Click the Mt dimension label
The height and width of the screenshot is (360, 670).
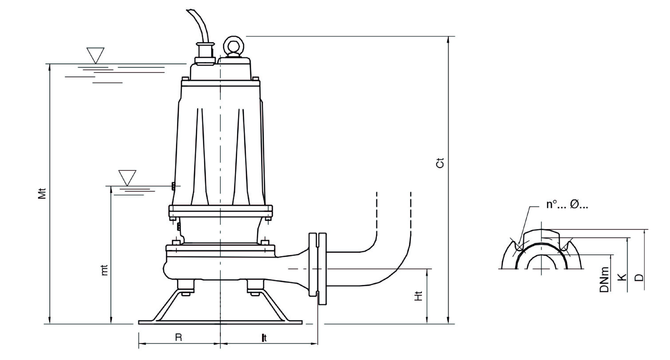click(42, 194)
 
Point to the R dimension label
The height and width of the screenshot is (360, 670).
click(178, 337)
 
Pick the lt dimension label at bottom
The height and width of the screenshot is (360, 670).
click(264, 338)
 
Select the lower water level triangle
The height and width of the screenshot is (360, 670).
click(127, 178)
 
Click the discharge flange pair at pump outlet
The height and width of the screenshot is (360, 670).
click(318, 269)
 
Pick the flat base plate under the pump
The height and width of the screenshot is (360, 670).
click(220, 322)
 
